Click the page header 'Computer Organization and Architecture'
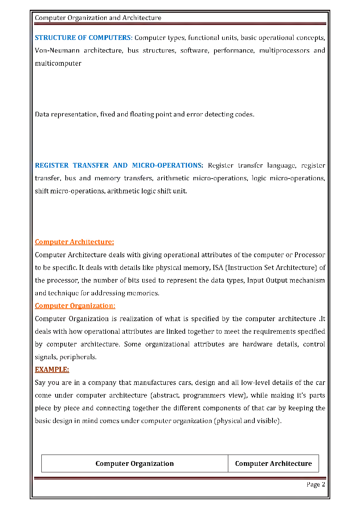click(98, 18)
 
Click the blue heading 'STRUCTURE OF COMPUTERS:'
click(83, 38)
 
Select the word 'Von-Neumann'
click(57, 50)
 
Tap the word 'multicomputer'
click(58, 63)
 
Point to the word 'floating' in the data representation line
click(142, 114)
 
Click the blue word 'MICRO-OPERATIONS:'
click(167, 165)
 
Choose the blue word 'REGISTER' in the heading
click(52, 165)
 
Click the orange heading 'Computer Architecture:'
click(74, 242)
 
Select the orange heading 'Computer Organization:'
click(75, 306)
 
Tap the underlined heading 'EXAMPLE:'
click(52, 370)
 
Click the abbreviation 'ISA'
click(218, 268)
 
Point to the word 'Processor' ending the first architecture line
click(310, 255)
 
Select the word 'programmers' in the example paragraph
click(204, 395)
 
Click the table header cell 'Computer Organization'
click(135, 464)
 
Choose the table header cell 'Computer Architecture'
click(273, 464)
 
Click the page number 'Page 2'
click(315, 485)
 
